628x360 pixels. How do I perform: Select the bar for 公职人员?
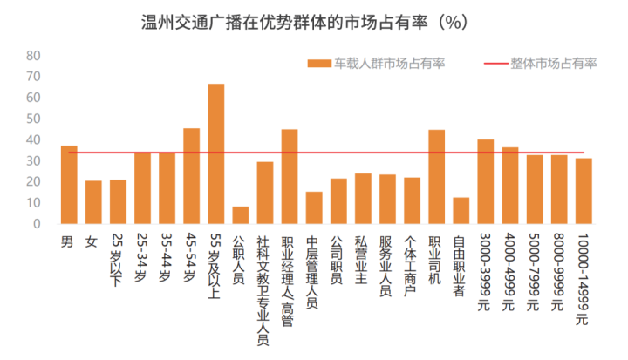click(241, 215)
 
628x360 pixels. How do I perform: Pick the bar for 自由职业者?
click(461, 211)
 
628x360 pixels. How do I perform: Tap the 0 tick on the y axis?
click(38, 224)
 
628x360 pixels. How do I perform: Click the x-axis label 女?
click(92, 240)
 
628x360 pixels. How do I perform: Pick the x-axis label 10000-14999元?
click(584, 279)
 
